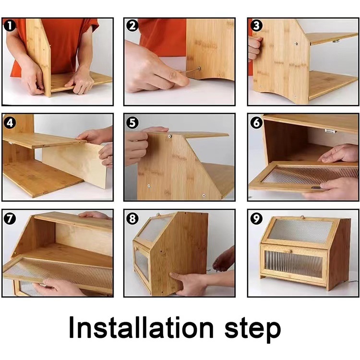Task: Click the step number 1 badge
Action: point(10,25)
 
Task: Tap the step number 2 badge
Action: point(132,25)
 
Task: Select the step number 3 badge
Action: point(256,25)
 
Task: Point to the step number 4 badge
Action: point(10,122)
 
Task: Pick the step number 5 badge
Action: point(132,122)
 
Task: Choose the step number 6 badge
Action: point(256,122)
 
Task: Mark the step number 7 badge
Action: point(10,218)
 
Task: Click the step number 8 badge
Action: point(132,218)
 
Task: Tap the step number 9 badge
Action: point(256,218)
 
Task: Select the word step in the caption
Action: point(252,330)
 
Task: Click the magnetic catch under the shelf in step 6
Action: point(331,132)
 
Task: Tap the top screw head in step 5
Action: point(169,136)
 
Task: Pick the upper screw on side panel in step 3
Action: point(296,43)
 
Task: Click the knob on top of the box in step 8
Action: point(158,215)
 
